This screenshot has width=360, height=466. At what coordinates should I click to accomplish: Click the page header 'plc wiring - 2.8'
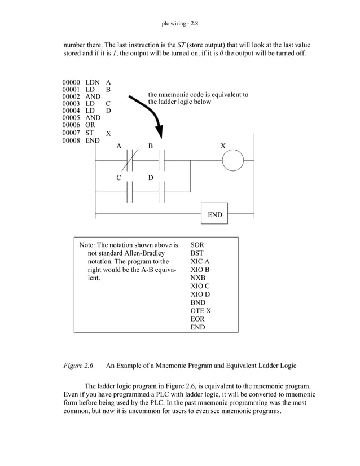pos(180,24)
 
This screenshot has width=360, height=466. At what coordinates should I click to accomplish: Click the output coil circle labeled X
pos(231,161)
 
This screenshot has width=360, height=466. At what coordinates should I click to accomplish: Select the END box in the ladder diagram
pos(214,214)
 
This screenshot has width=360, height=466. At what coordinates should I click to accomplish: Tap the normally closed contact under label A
pos(129,161)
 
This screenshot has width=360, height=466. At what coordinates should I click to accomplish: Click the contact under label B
pos(161,161)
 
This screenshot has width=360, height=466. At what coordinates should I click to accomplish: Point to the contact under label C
pos(129,192)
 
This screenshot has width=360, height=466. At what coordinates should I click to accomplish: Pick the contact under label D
pos(161,192)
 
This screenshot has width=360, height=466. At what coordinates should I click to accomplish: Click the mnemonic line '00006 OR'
pos(78,126)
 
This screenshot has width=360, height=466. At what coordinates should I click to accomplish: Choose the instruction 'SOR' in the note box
pos(197,245)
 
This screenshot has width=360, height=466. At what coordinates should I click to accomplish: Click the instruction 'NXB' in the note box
pos(198,278)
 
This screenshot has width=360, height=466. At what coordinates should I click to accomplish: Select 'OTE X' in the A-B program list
pos(201,311)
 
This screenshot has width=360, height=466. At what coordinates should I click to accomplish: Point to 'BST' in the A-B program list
pos(197,254)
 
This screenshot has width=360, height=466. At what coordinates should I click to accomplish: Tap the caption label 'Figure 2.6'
pos(78,366)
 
